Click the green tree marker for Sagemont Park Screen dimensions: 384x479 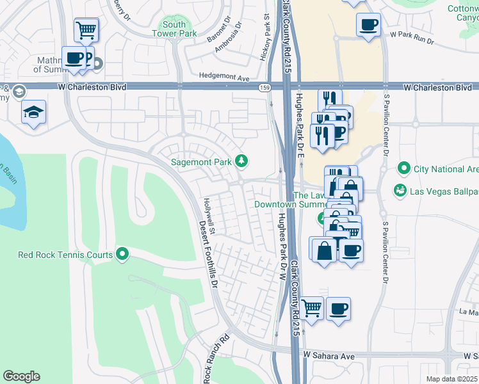click(x=241, y=161)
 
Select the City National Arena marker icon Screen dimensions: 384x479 click(x=403, y=169)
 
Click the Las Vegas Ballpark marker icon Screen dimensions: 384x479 click(x=400, y=191)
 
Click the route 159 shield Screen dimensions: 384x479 click(x=263, y=86)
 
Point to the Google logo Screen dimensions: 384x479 click(x=21, y=376)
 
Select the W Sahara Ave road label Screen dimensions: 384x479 click(x=329, y=355)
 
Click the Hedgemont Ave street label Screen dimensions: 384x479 click(x=224, y=77)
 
